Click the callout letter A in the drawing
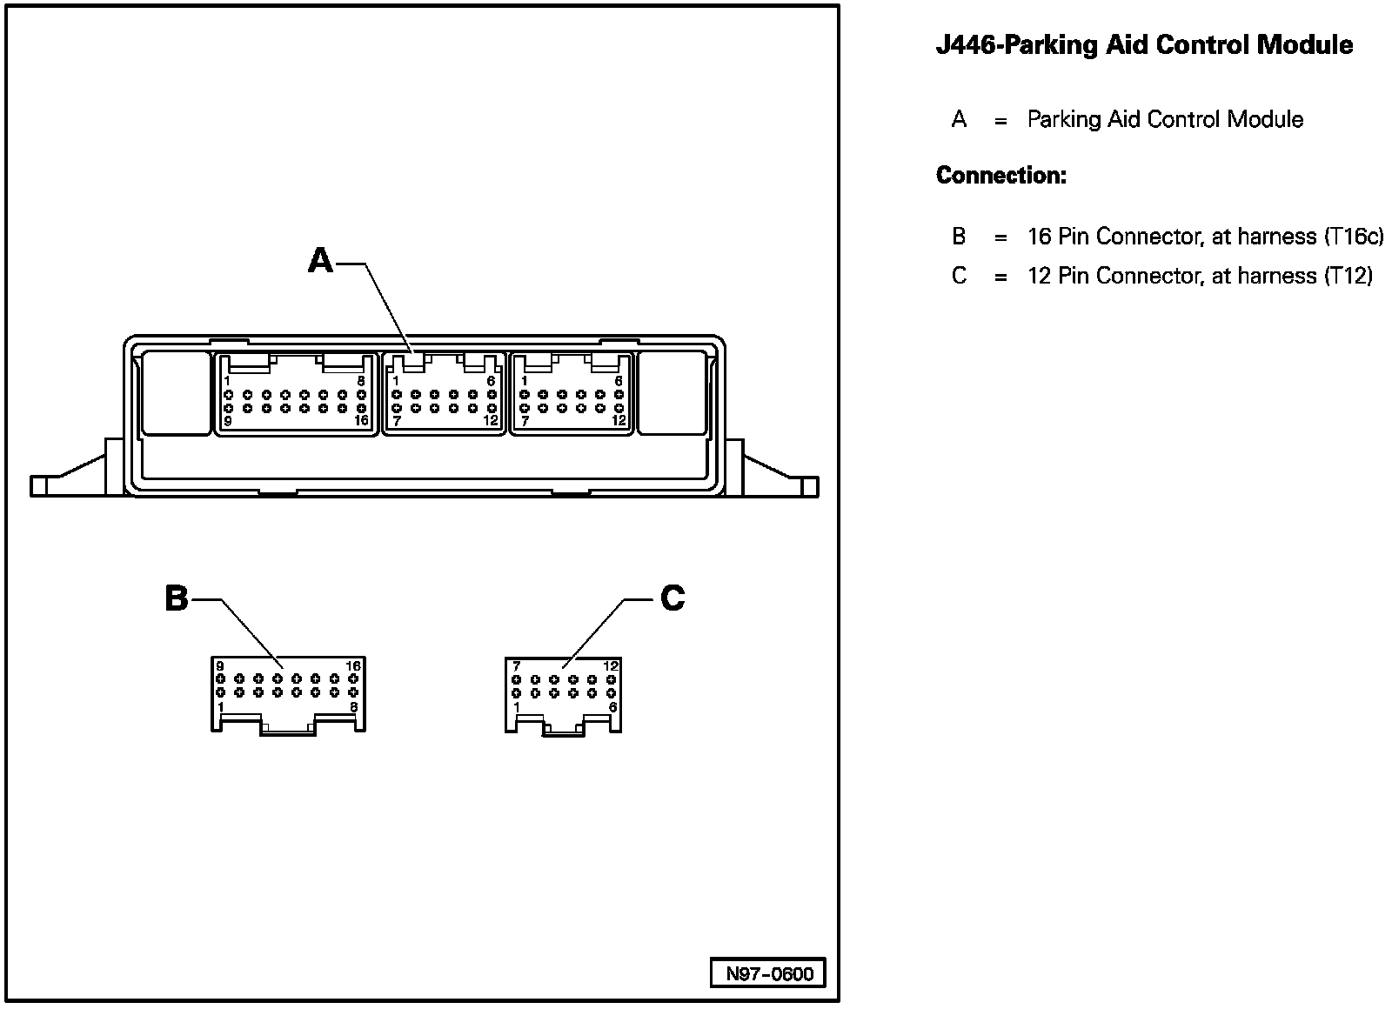320,260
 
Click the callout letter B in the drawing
177,598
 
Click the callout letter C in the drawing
673,598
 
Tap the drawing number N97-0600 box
769,973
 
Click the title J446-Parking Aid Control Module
1144,45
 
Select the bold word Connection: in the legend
1000,176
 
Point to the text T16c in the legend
1353,237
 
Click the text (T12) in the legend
1348,276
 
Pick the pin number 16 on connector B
353,666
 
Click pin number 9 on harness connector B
220,666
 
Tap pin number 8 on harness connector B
353,707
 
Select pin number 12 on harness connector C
611,666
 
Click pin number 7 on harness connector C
516,666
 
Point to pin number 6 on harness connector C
612,707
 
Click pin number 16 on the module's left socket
361,420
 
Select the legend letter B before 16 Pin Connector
959,237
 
